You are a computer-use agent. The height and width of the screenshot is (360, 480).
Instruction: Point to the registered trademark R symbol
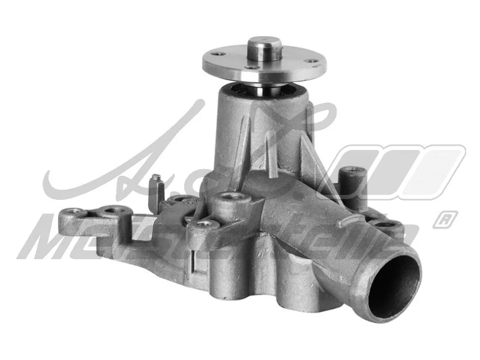pos(445,219)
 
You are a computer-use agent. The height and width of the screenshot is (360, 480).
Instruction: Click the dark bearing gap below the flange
pos(264,90)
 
